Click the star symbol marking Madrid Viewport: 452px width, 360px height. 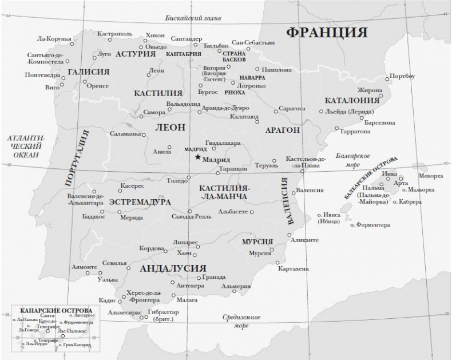(x=197, y=157)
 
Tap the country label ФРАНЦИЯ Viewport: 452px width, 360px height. (x=327, y=31)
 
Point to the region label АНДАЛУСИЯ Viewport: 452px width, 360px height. (x=172, y=268)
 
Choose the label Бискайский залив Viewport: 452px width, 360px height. (x=192, y=18)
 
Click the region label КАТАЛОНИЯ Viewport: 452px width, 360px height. (x=352, y=100)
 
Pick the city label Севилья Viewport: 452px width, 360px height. (x=114, y=263)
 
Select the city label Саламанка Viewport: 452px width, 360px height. (x=125, y=133)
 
